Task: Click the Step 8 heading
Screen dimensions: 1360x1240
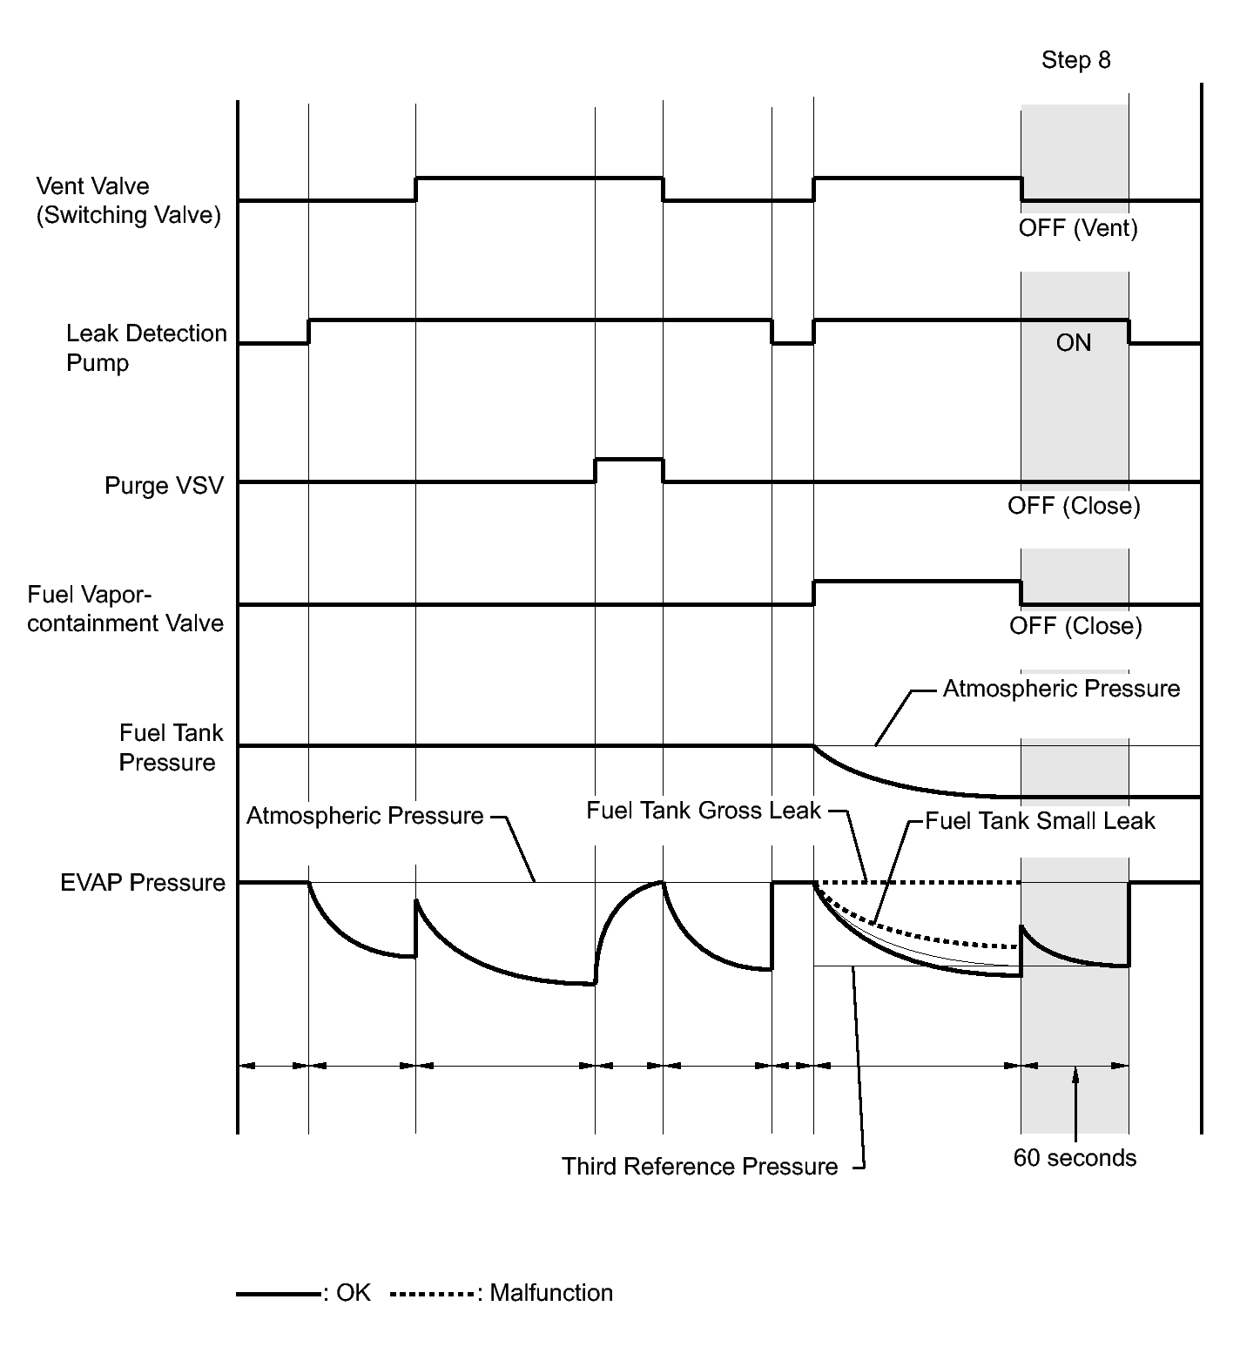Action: pos(1075,60)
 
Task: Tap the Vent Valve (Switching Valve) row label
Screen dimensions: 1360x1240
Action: pos(128,200)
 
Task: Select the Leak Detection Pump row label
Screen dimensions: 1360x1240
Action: pos(145,347)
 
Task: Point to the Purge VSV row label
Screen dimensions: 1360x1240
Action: pos(164,485)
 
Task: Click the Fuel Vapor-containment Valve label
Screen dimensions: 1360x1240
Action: pos(125,609)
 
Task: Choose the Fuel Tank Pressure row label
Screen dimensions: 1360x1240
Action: pos(170,747)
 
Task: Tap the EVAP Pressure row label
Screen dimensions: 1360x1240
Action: pos(143,883)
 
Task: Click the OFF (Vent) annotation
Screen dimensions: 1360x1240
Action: pos(1078,228)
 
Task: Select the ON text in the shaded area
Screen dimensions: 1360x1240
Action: pos(1073,343)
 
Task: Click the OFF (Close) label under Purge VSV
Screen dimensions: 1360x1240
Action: pos(1074,506)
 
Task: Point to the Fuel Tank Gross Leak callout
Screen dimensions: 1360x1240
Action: pos(703,811)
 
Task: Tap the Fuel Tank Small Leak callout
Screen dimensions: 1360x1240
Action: pos(1040,821)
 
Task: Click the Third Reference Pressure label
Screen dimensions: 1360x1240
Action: pos(699,1167)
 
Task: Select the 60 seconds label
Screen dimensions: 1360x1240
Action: pos(1075,1158)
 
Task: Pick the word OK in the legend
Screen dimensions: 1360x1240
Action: pos(354,1293)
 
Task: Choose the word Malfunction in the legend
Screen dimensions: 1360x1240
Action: pos(551,1293)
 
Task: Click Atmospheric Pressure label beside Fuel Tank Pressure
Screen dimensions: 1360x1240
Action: pos(1061,689)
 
